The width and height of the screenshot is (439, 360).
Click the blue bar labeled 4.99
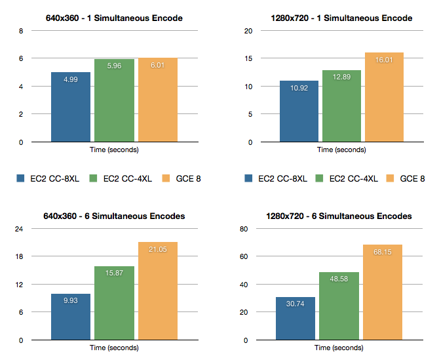tap(71, 107)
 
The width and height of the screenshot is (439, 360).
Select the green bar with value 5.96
tap(114, 100)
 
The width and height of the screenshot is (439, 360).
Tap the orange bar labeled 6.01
tap(158, 100)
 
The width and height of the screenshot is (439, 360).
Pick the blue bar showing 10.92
tap(299, 111)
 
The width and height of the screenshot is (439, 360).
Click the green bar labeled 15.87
tap(114, 303)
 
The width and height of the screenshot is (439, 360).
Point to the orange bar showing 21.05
tap(158, 291)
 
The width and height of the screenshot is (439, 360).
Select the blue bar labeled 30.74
tap(296, 319)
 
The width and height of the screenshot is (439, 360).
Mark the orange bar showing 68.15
tap(383, 292)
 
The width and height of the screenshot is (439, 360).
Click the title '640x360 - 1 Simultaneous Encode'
tap(114, 18)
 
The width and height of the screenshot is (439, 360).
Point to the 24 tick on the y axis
tap(19, 229)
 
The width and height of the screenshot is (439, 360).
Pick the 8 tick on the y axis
tap(20, 30)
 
